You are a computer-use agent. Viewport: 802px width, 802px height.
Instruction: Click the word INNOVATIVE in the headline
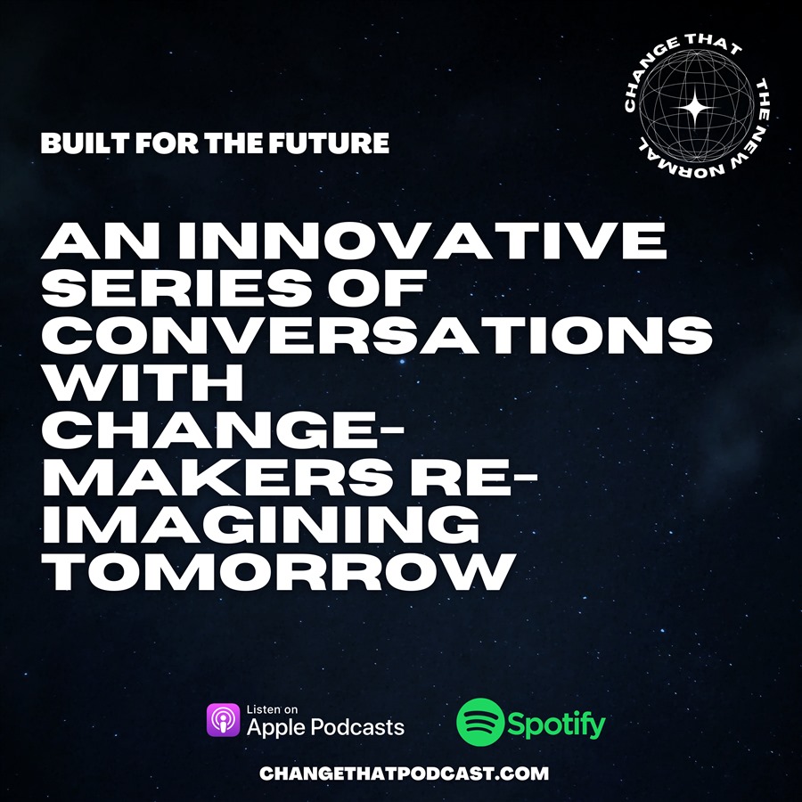422,241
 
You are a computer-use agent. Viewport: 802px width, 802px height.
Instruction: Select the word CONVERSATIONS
377,334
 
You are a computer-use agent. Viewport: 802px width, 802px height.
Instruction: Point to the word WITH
143,381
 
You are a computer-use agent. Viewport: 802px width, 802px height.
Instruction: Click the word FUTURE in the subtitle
329,143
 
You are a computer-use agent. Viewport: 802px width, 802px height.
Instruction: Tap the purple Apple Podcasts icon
223,720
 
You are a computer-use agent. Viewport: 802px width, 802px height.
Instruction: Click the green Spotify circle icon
480,722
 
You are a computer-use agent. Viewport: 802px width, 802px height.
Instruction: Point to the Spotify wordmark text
556,724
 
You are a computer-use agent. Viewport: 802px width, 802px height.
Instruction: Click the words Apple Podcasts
325,727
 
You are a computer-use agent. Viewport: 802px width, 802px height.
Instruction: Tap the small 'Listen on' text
272,709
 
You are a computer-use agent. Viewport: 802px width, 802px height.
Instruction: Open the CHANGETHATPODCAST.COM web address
404,773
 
